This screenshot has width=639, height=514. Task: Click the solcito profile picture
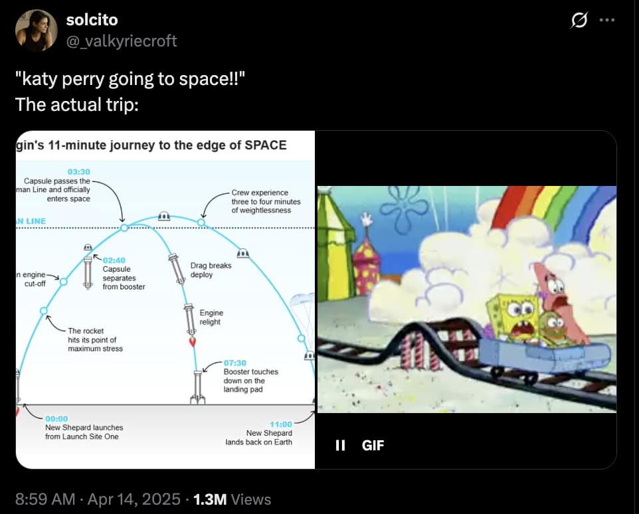[37, 31]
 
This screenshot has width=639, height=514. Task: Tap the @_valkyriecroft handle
[122, 41]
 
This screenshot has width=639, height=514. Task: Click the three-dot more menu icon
[607, 19]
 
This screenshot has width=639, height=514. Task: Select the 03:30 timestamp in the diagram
[78, 172]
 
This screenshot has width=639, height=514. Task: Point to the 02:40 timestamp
[114, 260]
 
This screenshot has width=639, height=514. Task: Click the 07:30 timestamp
[234, 363]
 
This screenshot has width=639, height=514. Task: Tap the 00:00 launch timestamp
[56, 418]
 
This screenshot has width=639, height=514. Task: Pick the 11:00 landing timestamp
[281, 424]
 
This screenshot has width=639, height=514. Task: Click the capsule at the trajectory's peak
[164, 216]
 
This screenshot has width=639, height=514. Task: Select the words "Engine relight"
[211, 317]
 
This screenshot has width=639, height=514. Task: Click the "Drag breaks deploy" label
[211, 270]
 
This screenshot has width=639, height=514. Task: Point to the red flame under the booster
[193, 341]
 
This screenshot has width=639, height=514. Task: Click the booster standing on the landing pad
[198, 387]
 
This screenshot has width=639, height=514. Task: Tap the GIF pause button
[340, 445]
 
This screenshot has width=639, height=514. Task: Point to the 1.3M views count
[210, 499]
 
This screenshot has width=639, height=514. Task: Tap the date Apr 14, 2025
[134, 499]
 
